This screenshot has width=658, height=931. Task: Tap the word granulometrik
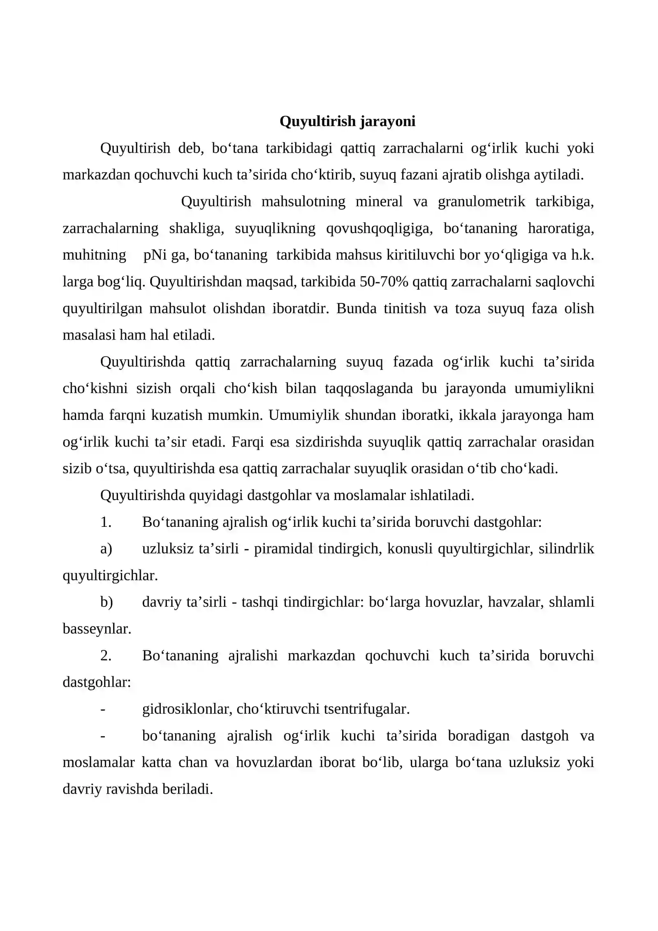coord(481,202)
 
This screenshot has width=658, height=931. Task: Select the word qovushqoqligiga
coord(379,228)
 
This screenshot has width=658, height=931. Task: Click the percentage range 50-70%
coord(384,282)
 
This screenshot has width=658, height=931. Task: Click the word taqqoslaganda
coord(368,389)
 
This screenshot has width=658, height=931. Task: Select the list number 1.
coord(106,522)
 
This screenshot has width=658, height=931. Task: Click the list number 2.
coord(106,656)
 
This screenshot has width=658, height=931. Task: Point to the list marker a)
coord(106,549)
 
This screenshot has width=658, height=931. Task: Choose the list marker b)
coord(107,602)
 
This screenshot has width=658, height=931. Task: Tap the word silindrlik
coord(566,549)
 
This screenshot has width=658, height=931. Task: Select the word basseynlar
coord(97,629)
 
